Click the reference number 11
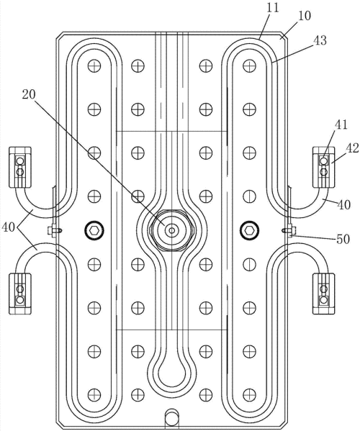point(273,7)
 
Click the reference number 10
point(305,17)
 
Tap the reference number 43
point(320,40)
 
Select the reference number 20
point(29,94)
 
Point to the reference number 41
point(341,125)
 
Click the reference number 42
point(353,148)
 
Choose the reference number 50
point(343,239)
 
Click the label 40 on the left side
point(8,228)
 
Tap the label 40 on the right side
point(344,205)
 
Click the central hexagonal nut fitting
point(171,230)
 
